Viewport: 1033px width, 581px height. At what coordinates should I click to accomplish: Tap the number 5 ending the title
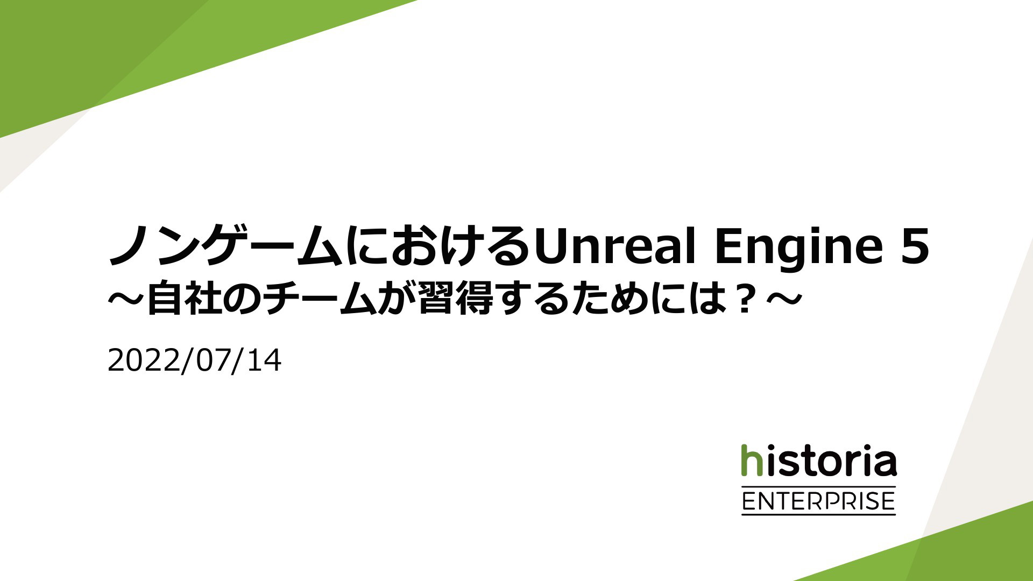click(915, 246)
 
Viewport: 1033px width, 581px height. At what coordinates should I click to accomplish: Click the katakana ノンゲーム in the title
click(225, 246)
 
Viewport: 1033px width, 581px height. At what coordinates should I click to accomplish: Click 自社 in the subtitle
click(182, 299)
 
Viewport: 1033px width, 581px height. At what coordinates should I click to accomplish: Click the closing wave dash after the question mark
click(783, 299)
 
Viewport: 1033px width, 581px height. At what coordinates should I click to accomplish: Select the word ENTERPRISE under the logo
click(818, 501)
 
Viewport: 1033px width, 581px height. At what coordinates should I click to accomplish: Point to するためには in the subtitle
click(613, 299)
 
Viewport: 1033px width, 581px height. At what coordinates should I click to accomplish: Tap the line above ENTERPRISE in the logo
click(818, 486)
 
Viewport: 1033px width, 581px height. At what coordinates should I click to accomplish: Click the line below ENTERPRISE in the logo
click(818, 515)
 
